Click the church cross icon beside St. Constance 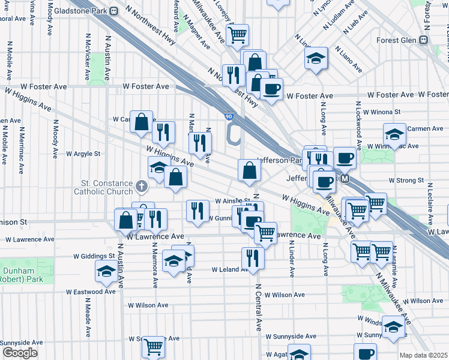(x=141, y=187)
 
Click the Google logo (x=20, y=353)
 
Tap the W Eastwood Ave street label (x=91, y=292)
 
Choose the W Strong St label (x=406, y=180)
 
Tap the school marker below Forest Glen (x=316, y=59)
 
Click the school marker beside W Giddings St (x=106, y=271)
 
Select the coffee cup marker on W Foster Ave (x=271, y=89)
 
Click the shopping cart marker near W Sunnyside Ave (x=154, y=346)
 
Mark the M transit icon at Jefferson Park (x=345, y=179)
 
